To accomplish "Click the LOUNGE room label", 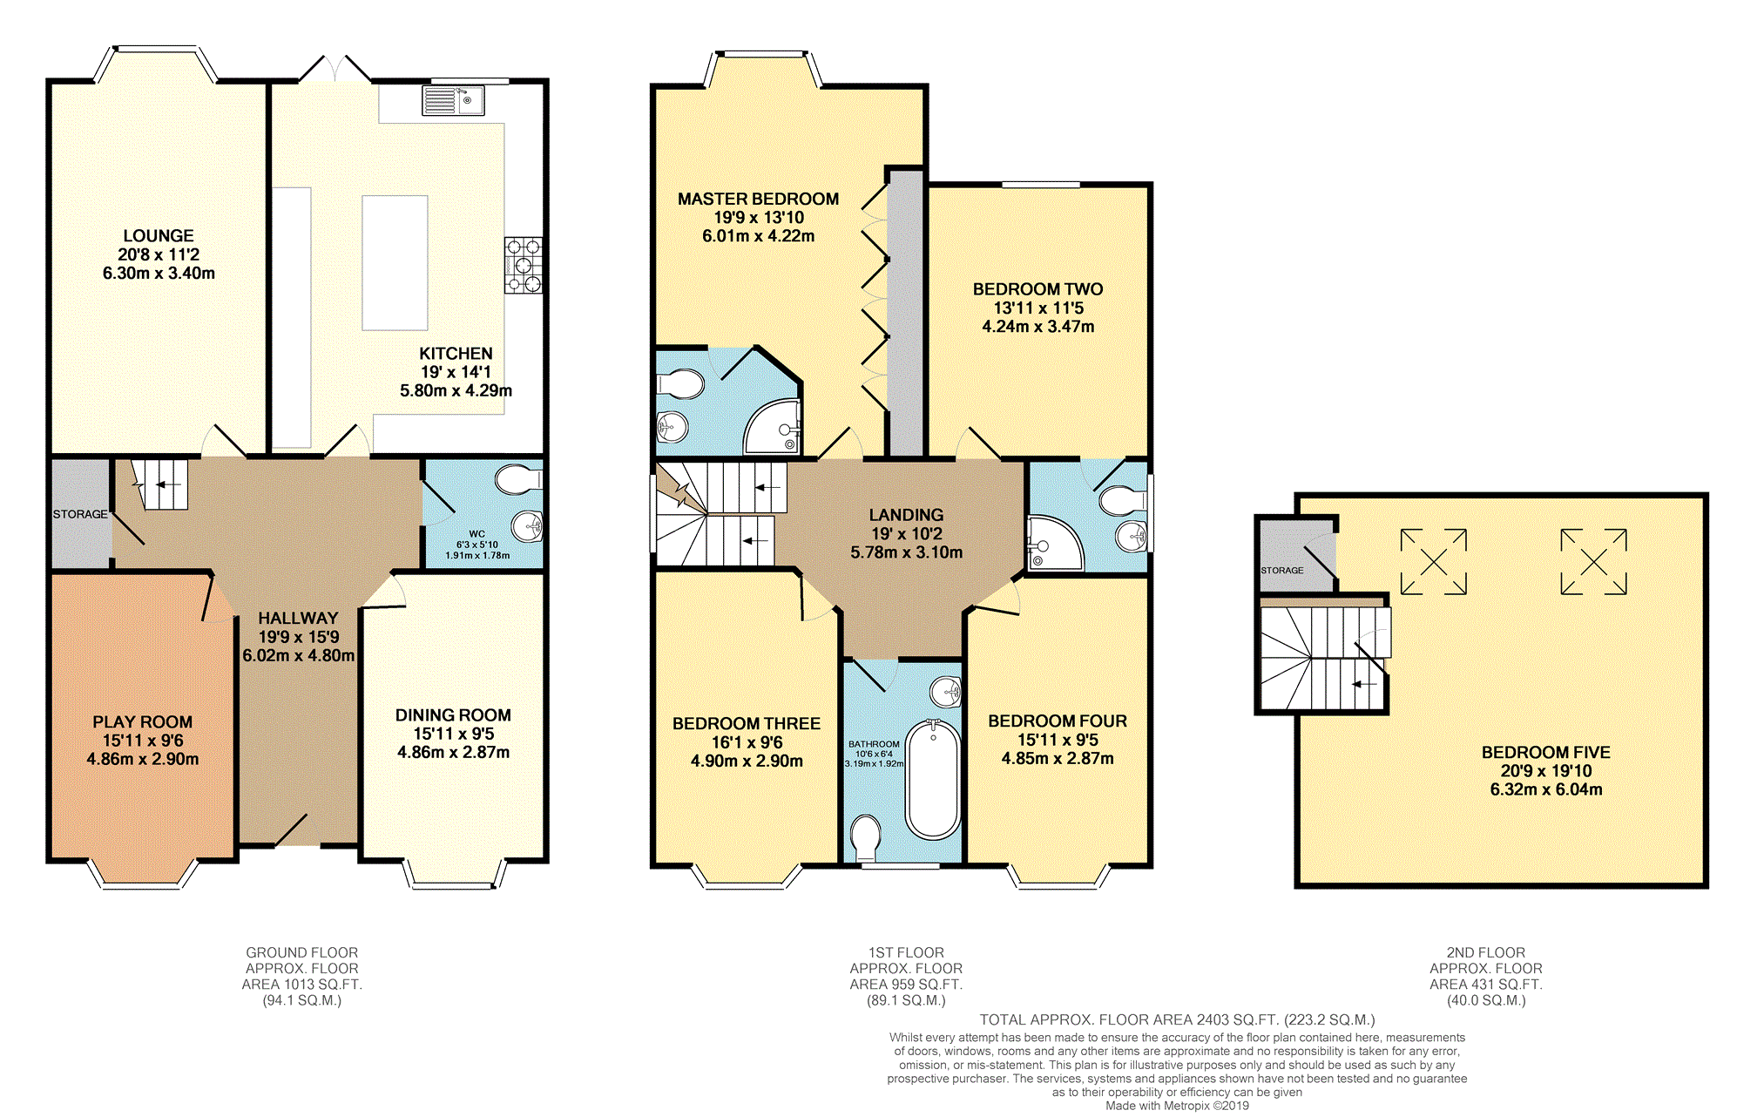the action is [x=159, y=236].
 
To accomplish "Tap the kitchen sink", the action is [x=454, y=100].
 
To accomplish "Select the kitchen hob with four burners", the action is [x=523, y=265].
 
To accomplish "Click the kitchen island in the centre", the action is [x=395, y=262].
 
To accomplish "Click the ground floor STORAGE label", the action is [x=80, y=514].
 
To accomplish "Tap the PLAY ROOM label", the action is [x=143, y=722].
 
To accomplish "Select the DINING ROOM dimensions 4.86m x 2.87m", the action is [x=454, y=752].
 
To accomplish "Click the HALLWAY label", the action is [x=298, y=618].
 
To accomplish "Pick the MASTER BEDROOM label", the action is [x=759, y=199].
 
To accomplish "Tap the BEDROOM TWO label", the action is [x=1038, y=289].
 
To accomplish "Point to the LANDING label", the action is [x=907, y=515].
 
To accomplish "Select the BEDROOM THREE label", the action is [x=747, y=724].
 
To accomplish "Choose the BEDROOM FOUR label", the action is [x=1058, y=721].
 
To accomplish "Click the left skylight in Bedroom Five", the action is [x=1434, y=562].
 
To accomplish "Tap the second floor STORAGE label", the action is [x=1282, y=571].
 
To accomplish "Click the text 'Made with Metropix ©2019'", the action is [x=1178, y=1106].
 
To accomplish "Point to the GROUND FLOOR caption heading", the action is [x=302, y=952].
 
